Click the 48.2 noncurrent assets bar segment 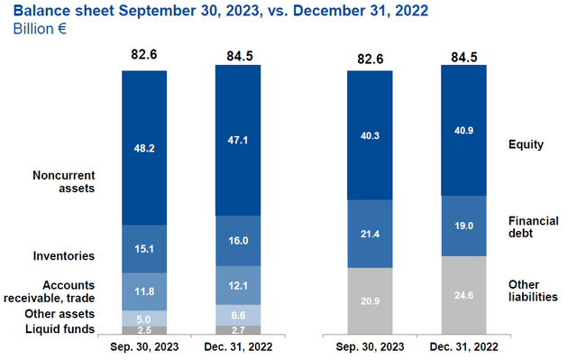[144, 147]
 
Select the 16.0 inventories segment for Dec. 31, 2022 [237, 243]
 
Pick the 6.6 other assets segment [237, 314]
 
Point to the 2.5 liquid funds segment [144, 329]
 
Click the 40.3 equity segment [370, 135]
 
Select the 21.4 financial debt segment [370, 234]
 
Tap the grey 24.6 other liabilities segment [463, 296]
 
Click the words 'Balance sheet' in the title [56, 10]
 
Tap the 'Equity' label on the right [527, 143]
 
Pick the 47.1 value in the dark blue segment [237, 143]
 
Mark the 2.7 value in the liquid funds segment [237, 330]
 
